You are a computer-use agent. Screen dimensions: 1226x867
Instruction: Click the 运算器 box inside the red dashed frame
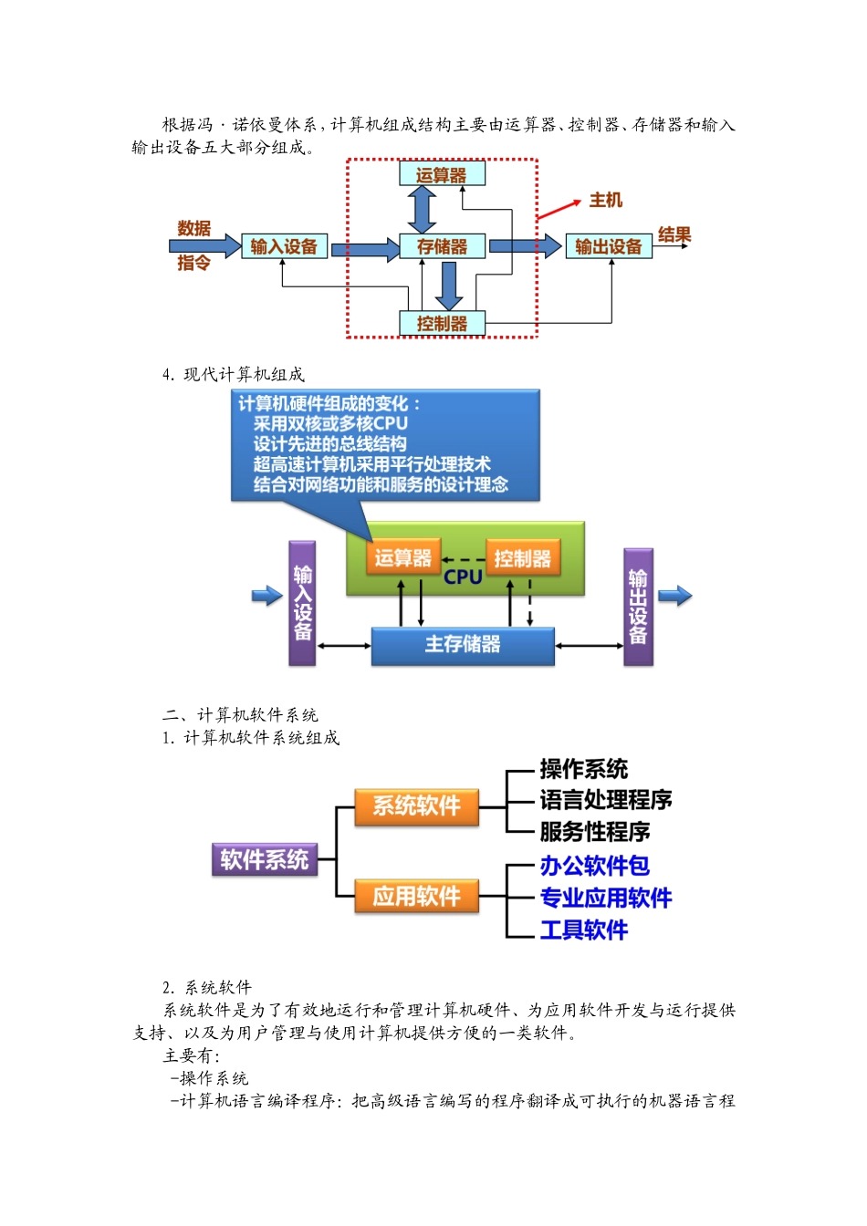pos(442,174)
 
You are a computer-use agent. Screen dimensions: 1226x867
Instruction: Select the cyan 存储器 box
pos(442,246)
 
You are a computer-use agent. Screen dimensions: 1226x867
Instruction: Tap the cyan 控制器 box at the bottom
pos(442,323)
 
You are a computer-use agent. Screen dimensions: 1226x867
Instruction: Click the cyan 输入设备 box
pos(284,246)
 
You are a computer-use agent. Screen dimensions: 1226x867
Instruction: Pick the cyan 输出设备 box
pos(609,246)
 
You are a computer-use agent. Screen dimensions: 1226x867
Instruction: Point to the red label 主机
pos(605,200)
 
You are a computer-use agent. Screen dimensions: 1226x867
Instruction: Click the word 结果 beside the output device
pos(674,234)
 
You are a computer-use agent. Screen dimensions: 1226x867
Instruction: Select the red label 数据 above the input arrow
pos(193,228)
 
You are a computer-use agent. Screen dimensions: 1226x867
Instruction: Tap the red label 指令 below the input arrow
pos(193,263)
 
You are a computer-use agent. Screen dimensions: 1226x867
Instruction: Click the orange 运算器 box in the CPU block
pos(402,558)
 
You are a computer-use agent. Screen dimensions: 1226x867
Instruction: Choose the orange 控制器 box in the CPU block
pos(522,558)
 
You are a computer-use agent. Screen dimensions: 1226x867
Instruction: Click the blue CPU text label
pos(463,577)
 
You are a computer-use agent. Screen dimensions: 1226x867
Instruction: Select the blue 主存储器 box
pos(463,645)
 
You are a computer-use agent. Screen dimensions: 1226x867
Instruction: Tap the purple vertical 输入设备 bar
pos(302,603)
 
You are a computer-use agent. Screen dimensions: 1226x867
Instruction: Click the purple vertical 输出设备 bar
pos(638,607)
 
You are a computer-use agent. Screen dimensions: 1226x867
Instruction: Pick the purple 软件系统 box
pos(265,859)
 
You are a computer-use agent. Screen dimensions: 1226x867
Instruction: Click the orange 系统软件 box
pos(417,806)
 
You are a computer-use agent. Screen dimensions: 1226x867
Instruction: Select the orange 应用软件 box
pos(417,897)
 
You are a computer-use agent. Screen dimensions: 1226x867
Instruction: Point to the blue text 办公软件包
pos(594,866)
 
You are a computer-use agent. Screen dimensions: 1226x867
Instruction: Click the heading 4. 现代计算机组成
pos(234,374)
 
